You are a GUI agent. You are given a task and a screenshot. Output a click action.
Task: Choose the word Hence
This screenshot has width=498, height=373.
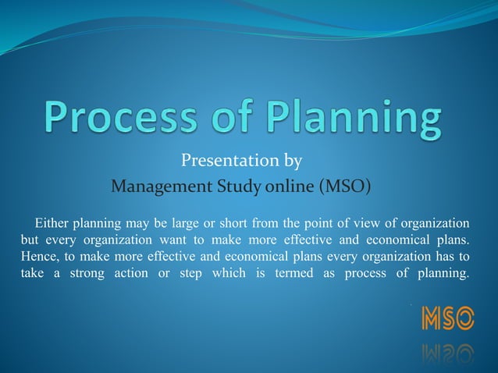[x=38, y=256]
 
